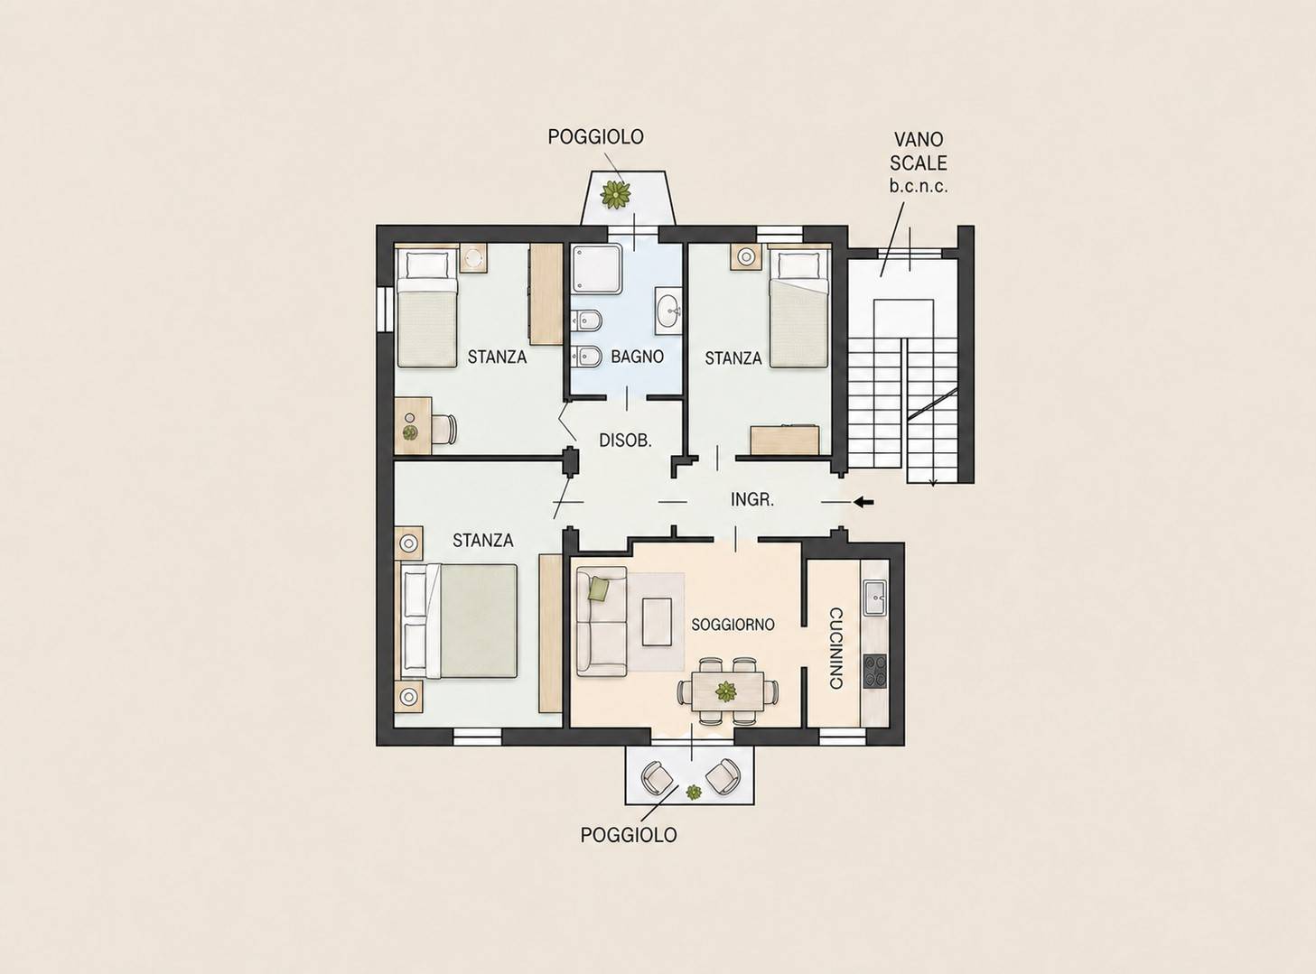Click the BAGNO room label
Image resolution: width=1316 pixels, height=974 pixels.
637,357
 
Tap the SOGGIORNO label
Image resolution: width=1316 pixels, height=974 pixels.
733,625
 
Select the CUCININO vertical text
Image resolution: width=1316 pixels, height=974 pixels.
836,648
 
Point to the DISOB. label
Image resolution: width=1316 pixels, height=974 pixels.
625,441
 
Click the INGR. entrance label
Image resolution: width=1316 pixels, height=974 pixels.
752,499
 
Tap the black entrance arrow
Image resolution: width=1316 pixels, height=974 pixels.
863,503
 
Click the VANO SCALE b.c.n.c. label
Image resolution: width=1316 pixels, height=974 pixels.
918,163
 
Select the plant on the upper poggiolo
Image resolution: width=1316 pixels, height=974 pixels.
616,194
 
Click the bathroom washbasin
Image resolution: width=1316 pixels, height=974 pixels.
670,311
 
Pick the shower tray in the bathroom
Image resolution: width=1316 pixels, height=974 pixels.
597,269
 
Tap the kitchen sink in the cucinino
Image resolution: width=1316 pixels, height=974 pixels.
874,598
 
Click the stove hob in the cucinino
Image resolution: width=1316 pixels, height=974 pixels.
875,671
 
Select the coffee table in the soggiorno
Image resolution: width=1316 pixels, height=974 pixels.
657,622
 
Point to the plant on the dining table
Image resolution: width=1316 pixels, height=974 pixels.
725,691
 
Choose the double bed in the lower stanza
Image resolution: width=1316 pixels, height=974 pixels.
458,621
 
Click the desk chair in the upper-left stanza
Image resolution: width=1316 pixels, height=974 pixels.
443,428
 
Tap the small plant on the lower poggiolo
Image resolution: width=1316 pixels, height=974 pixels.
693,792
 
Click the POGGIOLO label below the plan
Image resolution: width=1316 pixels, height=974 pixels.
629,835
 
